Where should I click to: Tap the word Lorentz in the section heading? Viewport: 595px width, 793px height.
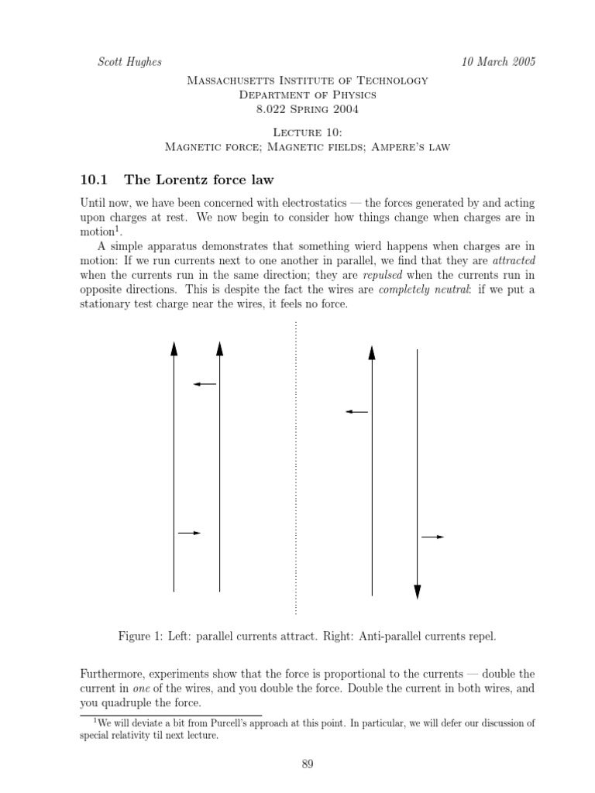click(181, 180)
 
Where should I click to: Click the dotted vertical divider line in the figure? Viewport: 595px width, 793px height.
click(296, 465)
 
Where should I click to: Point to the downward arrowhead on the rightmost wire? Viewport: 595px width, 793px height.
click(418, 592)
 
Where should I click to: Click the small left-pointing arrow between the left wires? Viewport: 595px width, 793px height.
click(205, 384)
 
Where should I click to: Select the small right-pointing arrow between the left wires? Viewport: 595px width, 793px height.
click(190, 533)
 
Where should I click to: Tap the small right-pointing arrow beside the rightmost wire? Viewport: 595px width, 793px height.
click(432, 537)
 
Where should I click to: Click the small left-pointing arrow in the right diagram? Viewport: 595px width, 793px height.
click(356, 412)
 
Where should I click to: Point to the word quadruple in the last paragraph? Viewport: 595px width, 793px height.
click(128, 703)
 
